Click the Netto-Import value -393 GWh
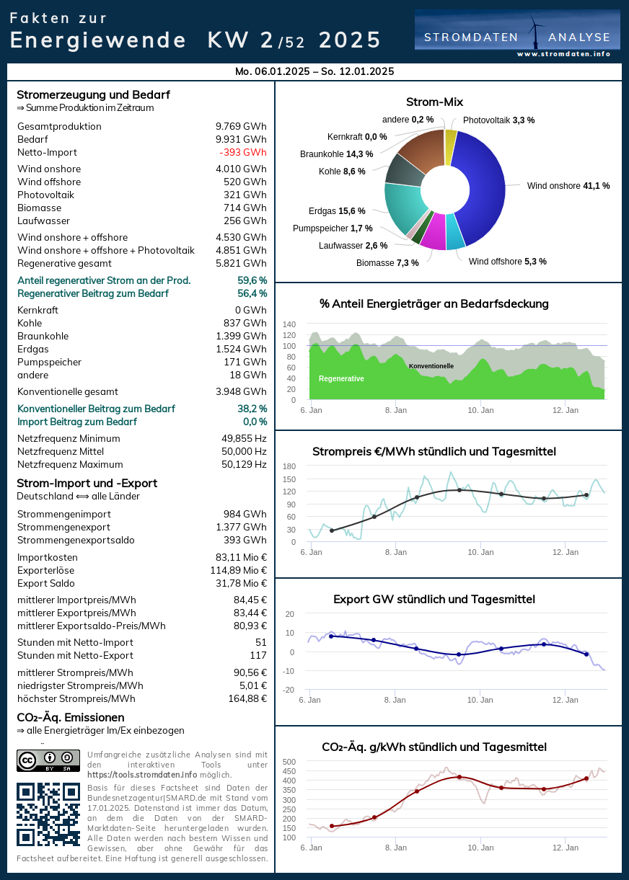(x=243, y=152)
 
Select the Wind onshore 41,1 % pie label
(x=568, y=186)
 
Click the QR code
(x=48, y=814)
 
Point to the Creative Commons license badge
(x=48, y=761)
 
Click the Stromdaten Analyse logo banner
(x=517, y=33)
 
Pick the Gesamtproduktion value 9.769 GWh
(x=241, y=126)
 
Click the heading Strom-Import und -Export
(x=87, y=483)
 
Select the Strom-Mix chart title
(x=434, y=102)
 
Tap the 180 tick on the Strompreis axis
(x=289, y=466)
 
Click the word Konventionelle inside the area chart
(x=431, y=366)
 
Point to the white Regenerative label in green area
(x=341, y=378)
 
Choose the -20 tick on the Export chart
(x=289, y=690)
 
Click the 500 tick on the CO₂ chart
(x=289, y=762)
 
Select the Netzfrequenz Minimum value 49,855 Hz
(x=244, y=438)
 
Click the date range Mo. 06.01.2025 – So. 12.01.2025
(x=314, y=71)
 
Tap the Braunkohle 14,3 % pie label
(x=336, y=154)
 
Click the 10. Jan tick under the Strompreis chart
(x=481, y=552)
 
